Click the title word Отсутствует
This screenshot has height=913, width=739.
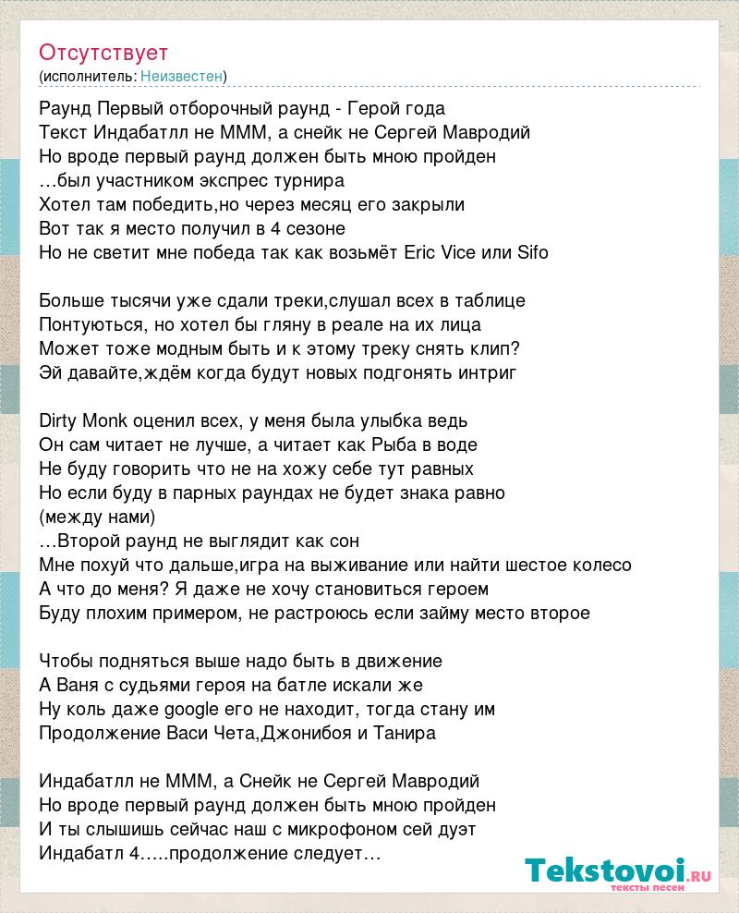click(x=103, y=53)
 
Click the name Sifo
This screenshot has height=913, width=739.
click(x=532, y=252)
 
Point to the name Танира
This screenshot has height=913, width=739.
click(x=406, y=733)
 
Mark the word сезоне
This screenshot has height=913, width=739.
click(x=314, y=228)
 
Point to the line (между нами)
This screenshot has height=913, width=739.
click(x=98, y=517)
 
